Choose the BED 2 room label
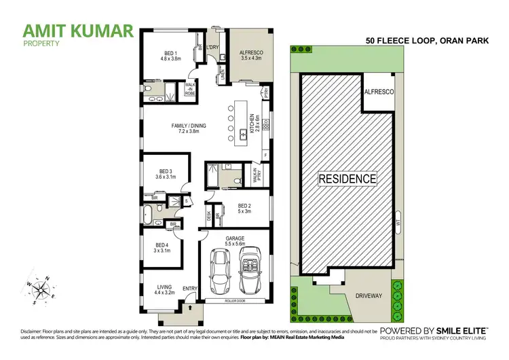244,208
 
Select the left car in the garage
219,269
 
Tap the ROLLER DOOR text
235,300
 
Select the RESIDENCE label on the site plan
347,179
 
